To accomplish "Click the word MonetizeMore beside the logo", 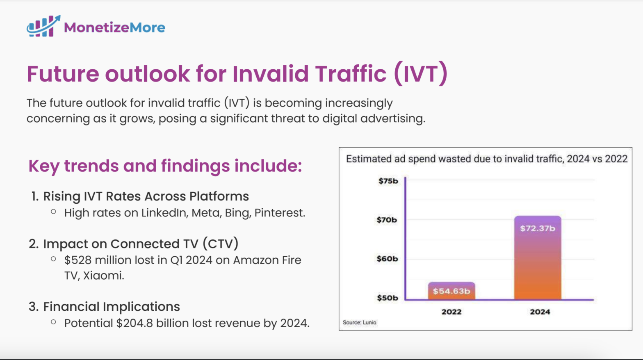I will pyautogui.click(x=114, y=27).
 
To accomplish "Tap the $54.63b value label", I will pyautogui.click(x=451, y=291).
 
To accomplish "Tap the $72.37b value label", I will pyautogui.click(x=538, y=228).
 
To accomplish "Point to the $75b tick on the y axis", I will pyautogui.click(x=388, y=181).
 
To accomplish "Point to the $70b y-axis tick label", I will pyautogui.click(x=387, y=220).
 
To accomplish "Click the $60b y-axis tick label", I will pyautogui.click(x=387, y=259).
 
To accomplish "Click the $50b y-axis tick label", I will pyautogui.click(x=387, y=298).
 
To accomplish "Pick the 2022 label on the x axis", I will pyautogui.click(x=451, y=312).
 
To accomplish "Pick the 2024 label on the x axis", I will pyautogui.click(x=540, y=312).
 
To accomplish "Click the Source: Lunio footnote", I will pyautogui.click(x=359, y=322).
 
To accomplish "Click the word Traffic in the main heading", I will pyautogui.click(x=351, y=74).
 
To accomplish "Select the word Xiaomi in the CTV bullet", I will pyautogui.click(x=103, y=276).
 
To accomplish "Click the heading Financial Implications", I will pyautogui.click(x=112, y=307).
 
